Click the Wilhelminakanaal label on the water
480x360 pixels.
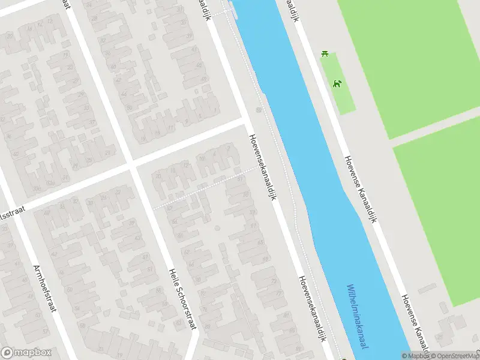(x=357, y=317)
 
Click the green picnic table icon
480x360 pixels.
(x=325, y=55)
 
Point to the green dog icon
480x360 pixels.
(x=338, y=83)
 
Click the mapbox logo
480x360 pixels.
(x=26, y=353)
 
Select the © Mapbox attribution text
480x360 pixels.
(x=415, y=356)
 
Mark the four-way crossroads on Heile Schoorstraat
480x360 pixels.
(x=131, y=163)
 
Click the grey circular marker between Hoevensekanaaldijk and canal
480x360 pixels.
(x=259, y=110)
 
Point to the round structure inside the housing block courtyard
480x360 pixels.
(x=217, y=228)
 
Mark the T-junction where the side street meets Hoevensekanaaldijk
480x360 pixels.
(x=246, y=118)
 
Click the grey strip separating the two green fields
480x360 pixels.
(x=435, y=126)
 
